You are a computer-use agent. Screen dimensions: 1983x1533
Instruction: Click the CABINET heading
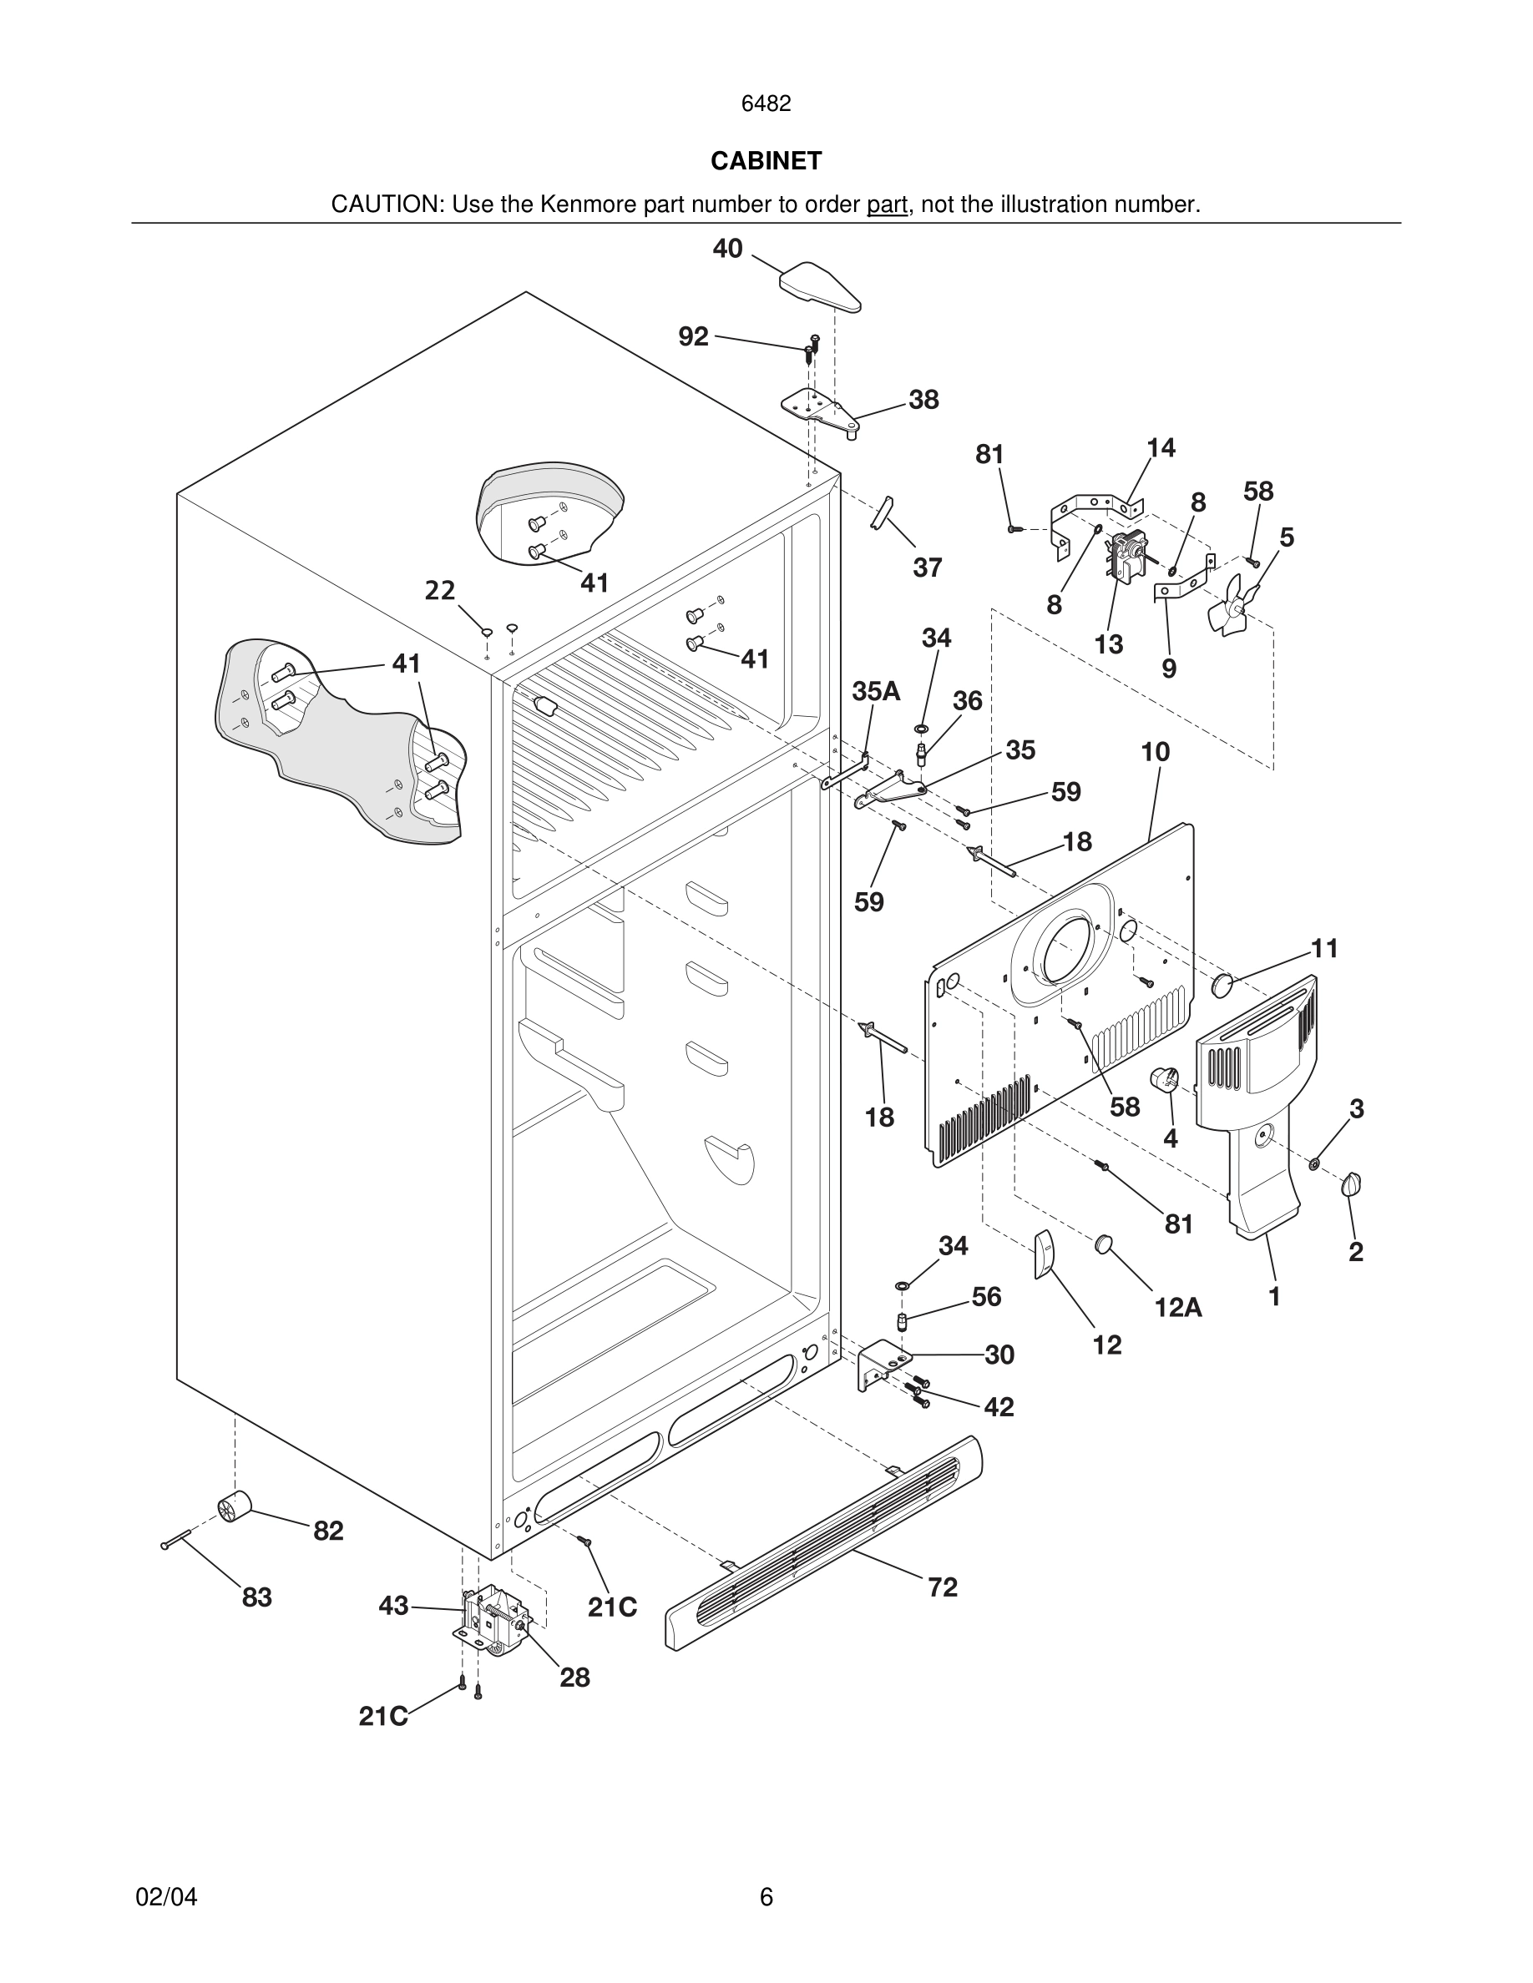(766, 161)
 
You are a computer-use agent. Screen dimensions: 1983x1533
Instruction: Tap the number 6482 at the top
(766, 103)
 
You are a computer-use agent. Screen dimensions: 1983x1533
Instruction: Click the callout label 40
(727, 249)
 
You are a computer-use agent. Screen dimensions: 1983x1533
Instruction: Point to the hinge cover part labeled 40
(819, 286)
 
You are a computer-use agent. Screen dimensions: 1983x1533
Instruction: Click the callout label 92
(693, 337)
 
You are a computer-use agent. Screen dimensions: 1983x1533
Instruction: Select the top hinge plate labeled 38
(819, 410)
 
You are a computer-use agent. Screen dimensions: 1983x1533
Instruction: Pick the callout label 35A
(876, 691)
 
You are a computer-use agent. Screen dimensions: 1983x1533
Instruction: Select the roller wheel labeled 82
(234, 1508)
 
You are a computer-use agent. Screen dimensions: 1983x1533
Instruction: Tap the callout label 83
(256, 1597)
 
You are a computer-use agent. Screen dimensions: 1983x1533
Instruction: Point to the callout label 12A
(1178, 1308)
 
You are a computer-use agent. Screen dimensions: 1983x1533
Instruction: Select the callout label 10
(1156, 752)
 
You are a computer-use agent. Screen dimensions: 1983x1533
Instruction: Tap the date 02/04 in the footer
(166, 1898)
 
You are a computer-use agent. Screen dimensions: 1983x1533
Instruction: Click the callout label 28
(574, 1678)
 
